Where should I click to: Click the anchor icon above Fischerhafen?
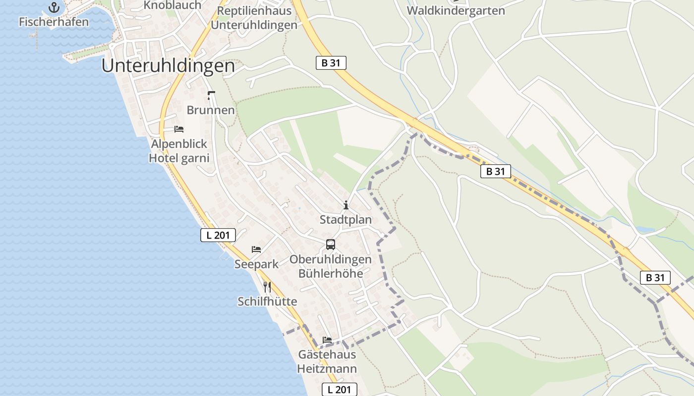coord(54,7)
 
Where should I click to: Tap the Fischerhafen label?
coord(54,22)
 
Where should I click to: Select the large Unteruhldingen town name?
coord(168,66)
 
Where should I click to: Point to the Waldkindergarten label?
coord(456,10)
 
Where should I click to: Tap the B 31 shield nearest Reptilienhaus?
coord(331,63)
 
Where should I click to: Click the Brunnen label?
coord(211,110)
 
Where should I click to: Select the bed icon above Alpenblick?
coord(179,129)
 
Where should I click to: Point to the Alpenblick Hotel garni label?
coord(179,151)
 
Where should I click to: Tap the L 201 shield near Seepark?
coord(218,235)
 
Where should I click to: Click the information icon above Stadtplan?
coord(346,205)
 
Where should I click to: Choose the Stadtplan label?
coord(346,219)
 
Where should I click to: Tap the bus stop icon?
coord(331,244)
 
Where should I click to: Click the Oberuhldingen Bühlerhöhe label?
coord(330,266)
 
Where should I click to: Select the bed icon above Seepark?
coord(256,249)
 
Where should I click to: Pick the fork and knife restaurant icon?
coord(267,287)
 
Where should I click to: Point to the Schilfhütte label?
coord(267,301)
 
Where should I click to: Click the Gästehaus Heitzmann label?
coord(327,362)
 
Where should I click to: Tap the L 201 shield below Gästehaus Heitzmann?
coord(340,390)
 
